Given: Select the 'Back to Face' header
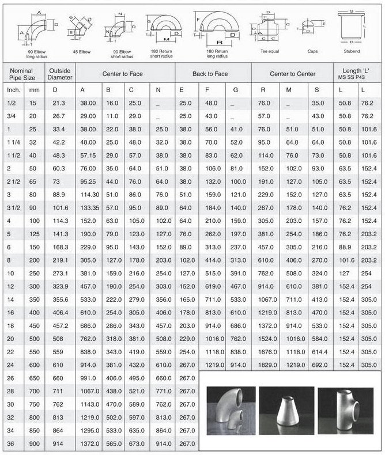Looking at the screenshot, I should click(x=210, y=74).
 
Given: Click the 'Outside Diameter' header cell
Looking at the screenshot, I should click(x=59, y=74).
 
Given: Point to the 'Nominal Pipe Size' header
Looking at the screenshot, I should click(x=22, y=74).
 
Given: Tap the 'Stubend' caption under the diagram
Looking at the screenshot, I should click(x=352, y=51).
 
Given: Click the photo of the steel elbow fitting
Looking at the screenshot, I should click(x=229, y=410).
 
